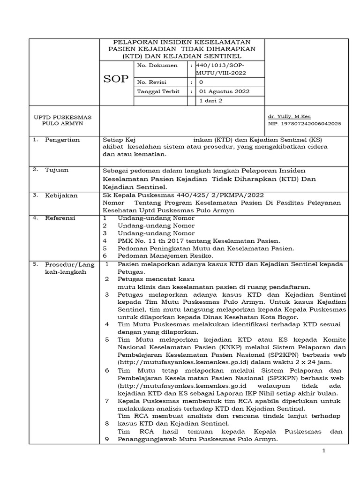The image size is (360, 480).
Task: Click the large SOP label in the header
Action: pyautogui.click(x=115, y=79)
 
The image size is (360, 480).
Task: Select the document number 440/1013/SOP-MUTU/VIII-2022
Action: pyautogui.click(x=222, y=69)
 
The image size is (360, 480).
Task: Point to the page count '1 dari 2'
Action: pyautogui.click(x=211, y=101)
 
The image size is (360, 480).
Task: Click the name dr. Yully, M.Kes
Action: pyautogui.click(x=289, y=117)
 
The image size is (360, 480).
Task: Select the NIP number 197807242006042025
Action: pyautogui.click(x=304, y=124)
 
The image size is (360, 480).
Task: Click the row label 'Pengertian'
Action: pyautogui.click(x=62, y=140)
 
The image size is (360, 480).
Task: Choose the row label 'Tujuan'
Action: pyautogui.click(x=56, y=170)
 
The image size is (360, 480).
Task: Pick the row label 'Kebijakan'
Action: pyautogui.click(x=60, y=195)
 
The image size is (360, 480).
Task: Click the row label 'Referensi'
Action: pyautogui.click(x=60, y=218)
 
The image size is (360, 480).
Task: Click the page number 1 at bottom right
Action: pyautogui.click(x=323, y=450)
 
